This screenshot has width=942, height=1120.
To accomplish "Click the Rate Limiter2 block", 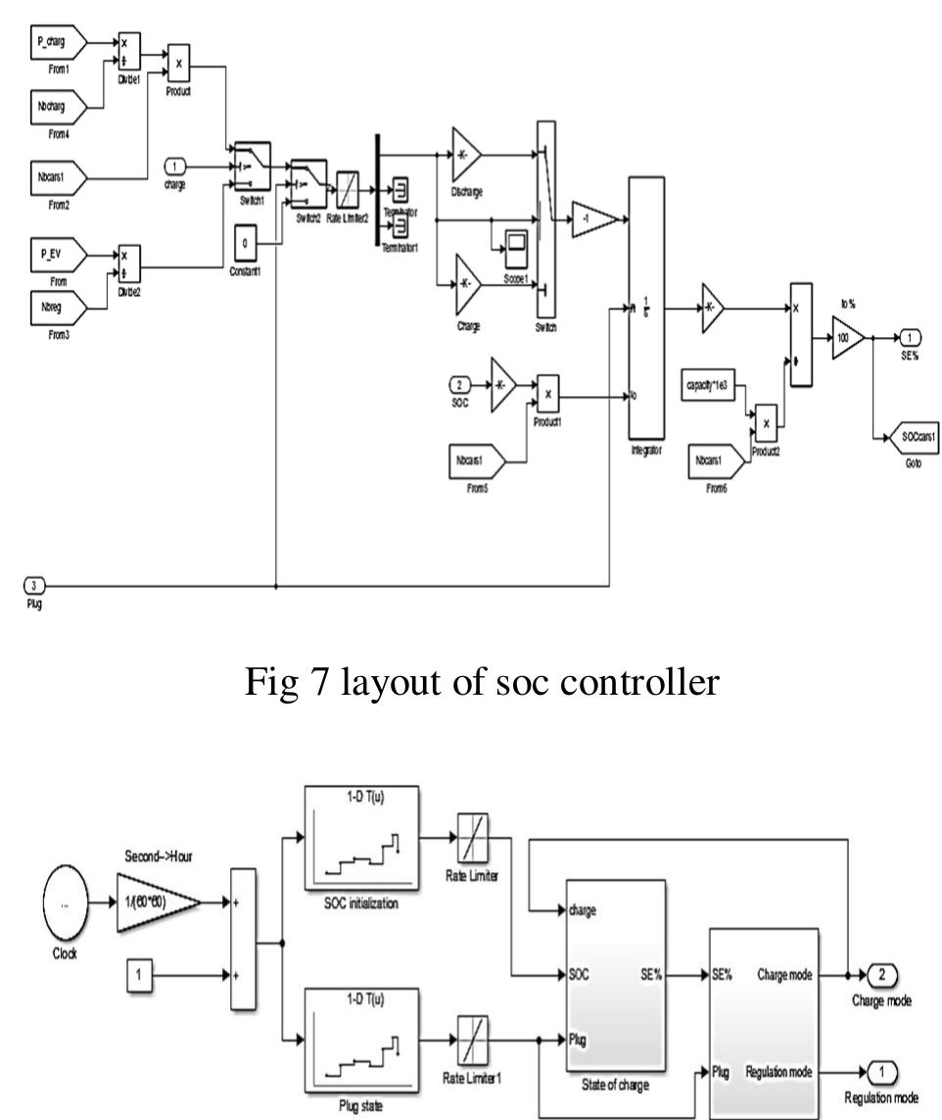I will tap(349, 186).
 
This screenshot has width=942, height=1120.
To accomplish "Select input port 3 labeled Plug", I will tap(31, 587).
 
